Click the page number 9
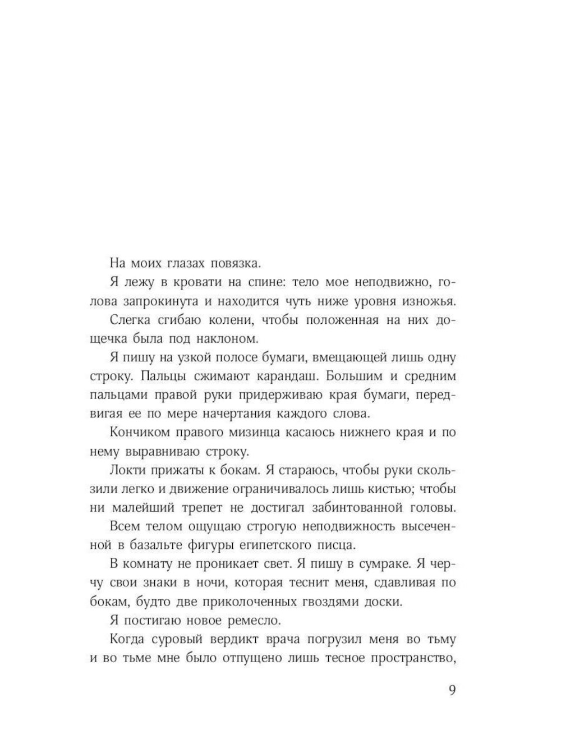pos(452,690)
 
